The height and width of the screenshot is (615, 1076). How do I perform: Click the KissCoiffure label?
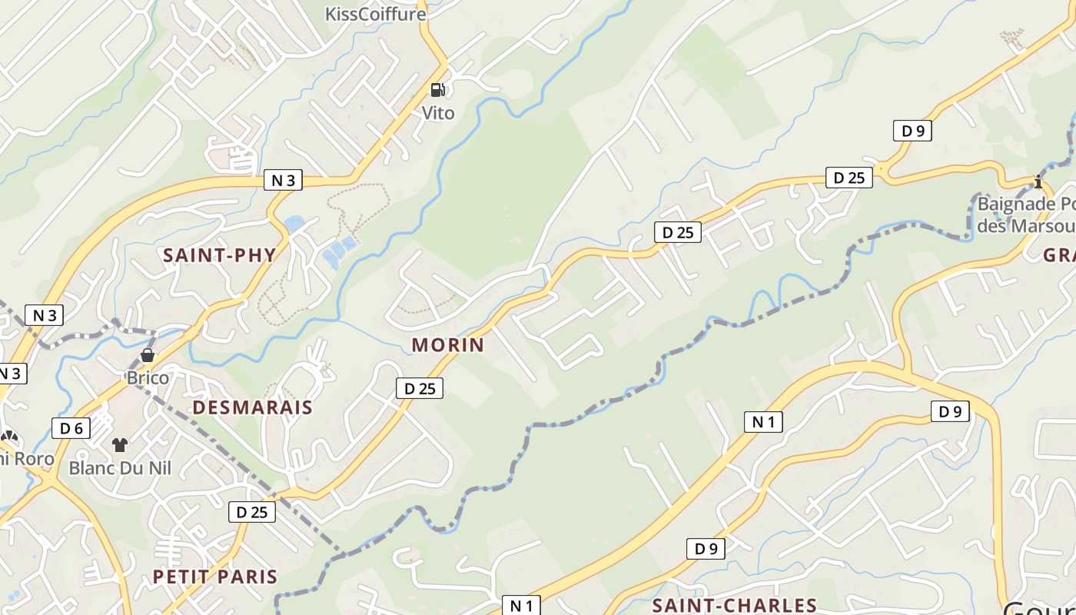coord(375,14)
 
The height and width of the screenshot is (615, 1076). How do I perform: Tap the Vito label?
coord(438,113)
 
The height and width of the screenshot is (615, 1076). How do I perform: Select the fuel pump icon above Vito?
coord(437,90)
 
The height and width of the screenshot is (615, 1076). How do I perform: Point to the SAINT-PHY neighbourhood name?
coord(220,255)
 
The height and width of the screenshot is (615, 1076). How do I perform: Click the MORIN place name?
coord(448,344)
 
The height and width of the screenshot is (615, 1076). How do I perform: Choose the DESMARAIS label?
coord(252,407)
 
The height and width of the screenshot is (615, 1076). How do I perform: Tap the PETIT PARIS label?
coord(214,577)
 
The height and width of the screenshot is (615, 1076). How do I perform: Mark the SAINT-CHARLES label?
coord(734,606)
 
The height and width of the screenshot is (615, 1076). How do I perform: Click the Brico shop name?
coord(148,377)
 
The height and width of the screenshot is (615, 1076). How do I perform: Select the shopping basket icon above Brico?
coord(147,355)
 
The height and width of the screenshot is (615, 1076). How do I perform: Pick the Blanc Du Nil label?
coord(120,467)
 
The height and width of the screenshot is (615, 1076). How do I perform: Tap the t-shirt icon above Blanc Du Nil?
coord(120,444)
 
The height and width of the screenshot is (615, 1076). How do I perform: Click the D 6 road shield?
coord(71,428)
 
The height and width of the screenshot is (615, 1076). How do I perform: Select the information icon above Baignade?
coord(1038,182)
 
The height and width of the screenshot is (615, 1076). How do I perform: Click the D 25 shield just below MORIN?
coord(420,388)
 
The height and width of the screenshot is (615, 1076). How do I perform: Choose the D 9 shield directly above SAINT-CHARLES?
coord(706,549)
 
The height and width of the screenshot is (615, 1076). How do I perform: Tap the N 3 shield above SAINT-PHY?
coord(283,181)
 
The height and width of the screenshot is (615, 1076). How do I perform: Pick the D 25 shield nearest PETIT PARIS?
coord(251,512)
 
